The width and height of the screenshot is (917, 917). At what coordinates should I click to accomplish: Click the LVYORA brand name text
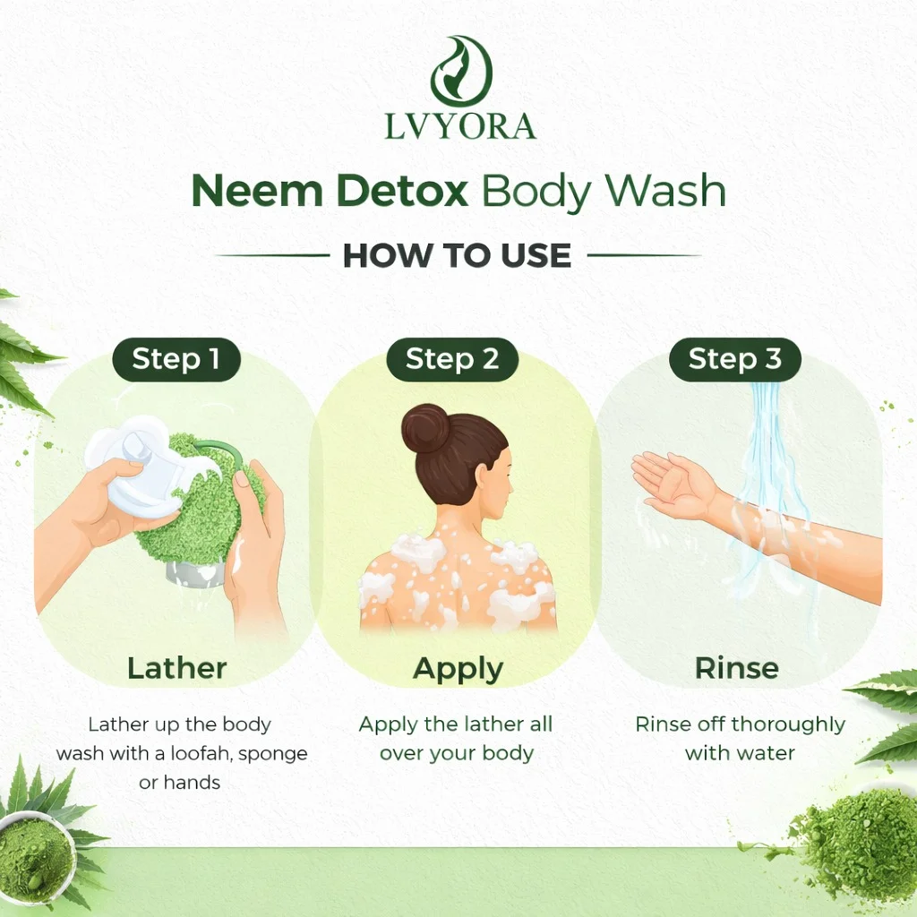pyautogui.click(x=459, y=127)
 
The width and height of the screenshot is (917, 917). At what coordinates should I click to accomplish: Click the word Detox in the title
pyautogui.click(x=402, y=192)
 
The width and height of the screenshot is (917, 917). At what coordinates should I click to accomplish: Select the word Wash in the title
pyautogui.click(x=665, y=192)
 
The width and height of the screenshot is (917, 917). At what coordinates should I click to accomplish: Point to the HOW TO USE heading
pyautogui.click(x=457, y=255)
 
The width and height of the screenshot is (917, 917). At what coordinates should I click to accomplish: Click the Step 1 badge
pyautogui.click(x=176, y=359)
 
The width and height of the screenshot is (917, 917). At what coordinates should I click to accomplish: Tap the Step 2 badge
pyautogui.click(x=452, y=359)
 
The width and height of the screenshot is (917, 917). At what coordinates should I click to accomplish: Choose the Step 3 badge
pyautogui.click(x=734, y=359)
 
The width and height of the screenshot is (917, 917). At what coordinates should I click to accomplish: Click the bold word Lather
pyautogui.click(x=176, y=668)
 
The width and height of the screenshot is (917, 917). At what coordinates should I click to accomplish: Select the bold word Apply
pyautogui.click(x=458, y=670)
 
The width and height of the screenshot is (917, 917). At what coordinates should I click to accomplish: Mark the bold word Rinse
pyautogui.click(x=737, y=668)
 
